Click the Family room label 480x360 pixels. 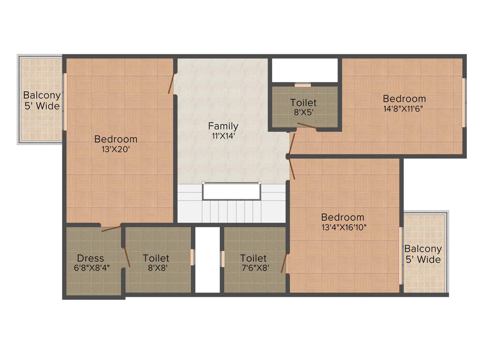pyautogui.click(x=223, y=126)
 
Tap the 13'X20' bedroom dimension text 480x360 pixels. pyautogui.click(x=116, y=150)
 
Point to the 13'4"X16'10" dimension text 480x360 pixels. pyautogui.click(x=344, y=228)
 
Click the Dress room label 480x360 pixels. pyautogui.click(x=90, y=258)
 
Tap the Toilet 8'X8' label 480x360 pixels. pyautogui.click(x=156, y=258)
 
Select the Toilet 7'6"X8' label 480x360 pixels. pyautogui.click(x=254, y=258)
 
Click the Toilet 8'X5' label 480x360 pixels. pyautogui.click(x=303, y=103)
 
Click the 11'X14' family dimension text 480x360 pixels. pyautogui.click(x=223, y=136)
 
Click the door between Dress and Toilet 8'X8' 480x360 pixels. pyautogui.click(x=127, y=256)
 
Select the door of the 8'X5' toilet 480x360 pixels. pyautogui.click(x=306, y=126)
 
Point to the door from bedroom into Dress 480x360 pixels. pyautogui.click(x=111, y=228)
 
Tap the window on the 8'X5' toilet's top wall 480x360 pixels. pyautogui.click(x=303, y=85)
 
